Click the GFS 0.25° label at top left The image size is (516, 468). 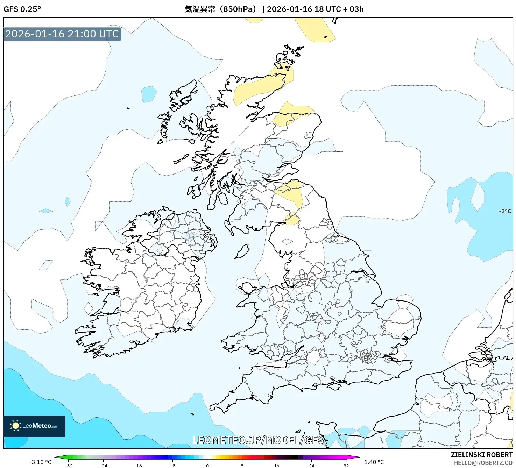tap(22, 9)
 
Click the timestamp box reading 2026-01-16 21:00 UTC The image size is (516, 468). tap(62, 34)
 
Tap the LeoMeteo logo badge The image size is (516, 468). tap(34, 426)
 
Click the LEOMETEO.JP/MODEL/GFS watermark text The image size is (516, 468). tap(258, 440)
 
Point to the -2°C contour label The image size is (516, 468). tap(505, 211)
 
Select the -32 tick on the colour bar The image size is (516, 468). tap(69, 465)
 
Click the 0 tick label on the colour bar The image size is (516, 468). tap(207, 465)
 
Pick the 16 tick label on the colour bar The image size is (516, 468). tap(276, 465)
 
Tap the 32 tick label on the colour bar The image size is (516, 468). tap(346, 465)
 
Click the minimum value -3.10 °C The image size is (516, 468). tap(40, 462)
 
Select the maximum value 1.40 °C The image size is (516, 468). tap(374, 462)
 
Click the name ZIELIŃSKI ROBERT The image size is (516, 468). tap(481, 455)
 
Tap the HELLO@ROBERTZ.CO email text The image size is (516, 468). tap(483, 463)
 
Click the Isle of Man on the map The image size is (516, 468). tap(242, 251)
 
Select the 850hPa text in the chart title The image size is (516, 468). tap(239, 9)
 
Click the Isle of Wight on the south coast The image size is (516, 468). tap(334, 386)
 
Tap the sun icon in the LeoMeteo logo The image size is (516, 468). tap(15, 426)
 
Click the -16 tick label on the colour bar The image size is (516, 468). tap(138, 465)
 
